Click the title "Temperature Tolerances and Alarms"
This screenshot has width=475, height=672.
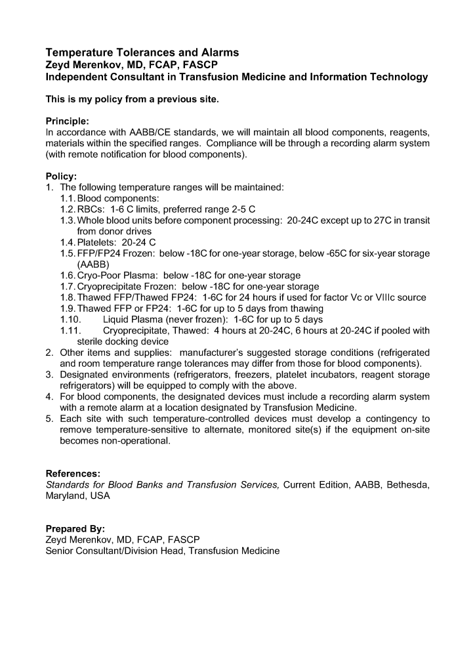click(x=142, y=52)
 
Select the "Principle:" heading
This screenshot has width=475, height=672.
click(x=68, y=121)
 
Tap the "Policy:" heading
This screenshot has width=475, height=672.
click(x=61, y=176)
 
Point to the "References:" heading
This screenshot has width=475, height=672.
click(x=73, y=473)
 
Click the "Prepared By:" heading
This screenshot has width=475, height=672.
click(x=75, y=528)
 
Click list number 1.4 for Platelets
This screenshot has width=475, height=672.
click(x=68, y=242)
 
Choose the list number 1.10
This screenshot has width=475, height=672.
click(x=71, y=320)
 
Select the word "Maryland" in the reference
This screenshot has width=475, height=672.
click(x=66, y=495)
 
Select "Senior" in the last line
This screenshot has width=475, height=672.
click(x=60, y=551)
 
